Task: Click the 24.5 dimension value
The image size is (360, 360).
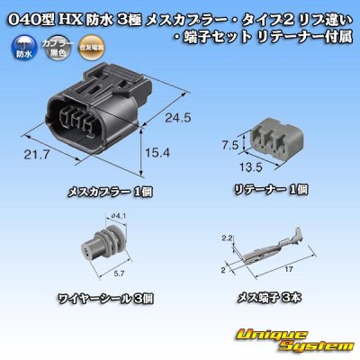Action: click(180, 117)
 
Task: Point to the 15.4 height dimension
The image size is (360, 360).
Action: click(158, 155)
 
